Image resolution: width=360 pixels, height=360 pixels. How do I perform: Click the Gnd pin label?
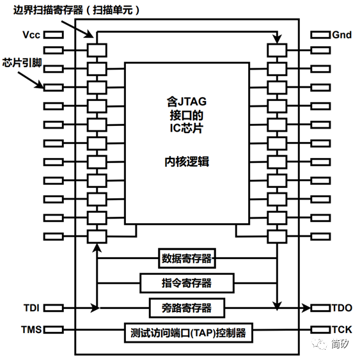341,35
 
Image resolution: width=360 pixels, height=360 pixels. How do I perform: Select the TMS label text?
29,330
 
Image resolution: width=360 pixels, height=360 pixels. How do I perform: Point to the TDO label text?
341,308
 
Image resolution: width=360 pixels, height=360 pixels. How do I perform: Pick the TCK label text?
341,330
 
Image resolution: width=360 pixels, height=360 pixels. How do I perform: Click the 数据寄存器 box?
186,259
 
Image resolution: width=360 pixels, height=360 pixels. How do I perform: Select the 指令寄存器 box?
187,282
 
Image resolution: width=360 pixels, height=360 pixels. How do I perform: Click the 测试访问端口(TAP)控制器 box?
187,333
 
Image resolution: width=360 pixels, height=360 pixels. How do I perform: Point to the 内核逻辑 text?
187,162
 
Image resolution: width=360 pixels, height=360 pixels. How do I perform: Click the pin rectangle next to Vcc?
54,35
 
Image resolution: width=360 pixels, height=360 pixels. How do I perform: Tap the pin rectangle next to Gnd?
320,35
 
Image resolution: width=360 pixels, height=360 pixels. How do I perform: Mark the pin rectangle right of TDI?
54,308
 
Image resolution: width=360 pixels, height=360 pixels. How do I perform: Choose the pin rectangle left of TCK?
320,330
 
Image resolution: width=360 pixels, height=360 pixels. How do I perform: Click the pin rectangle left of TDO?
320,308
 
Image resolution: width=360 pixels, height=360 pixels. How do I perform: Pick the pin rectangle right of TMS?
54,330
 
